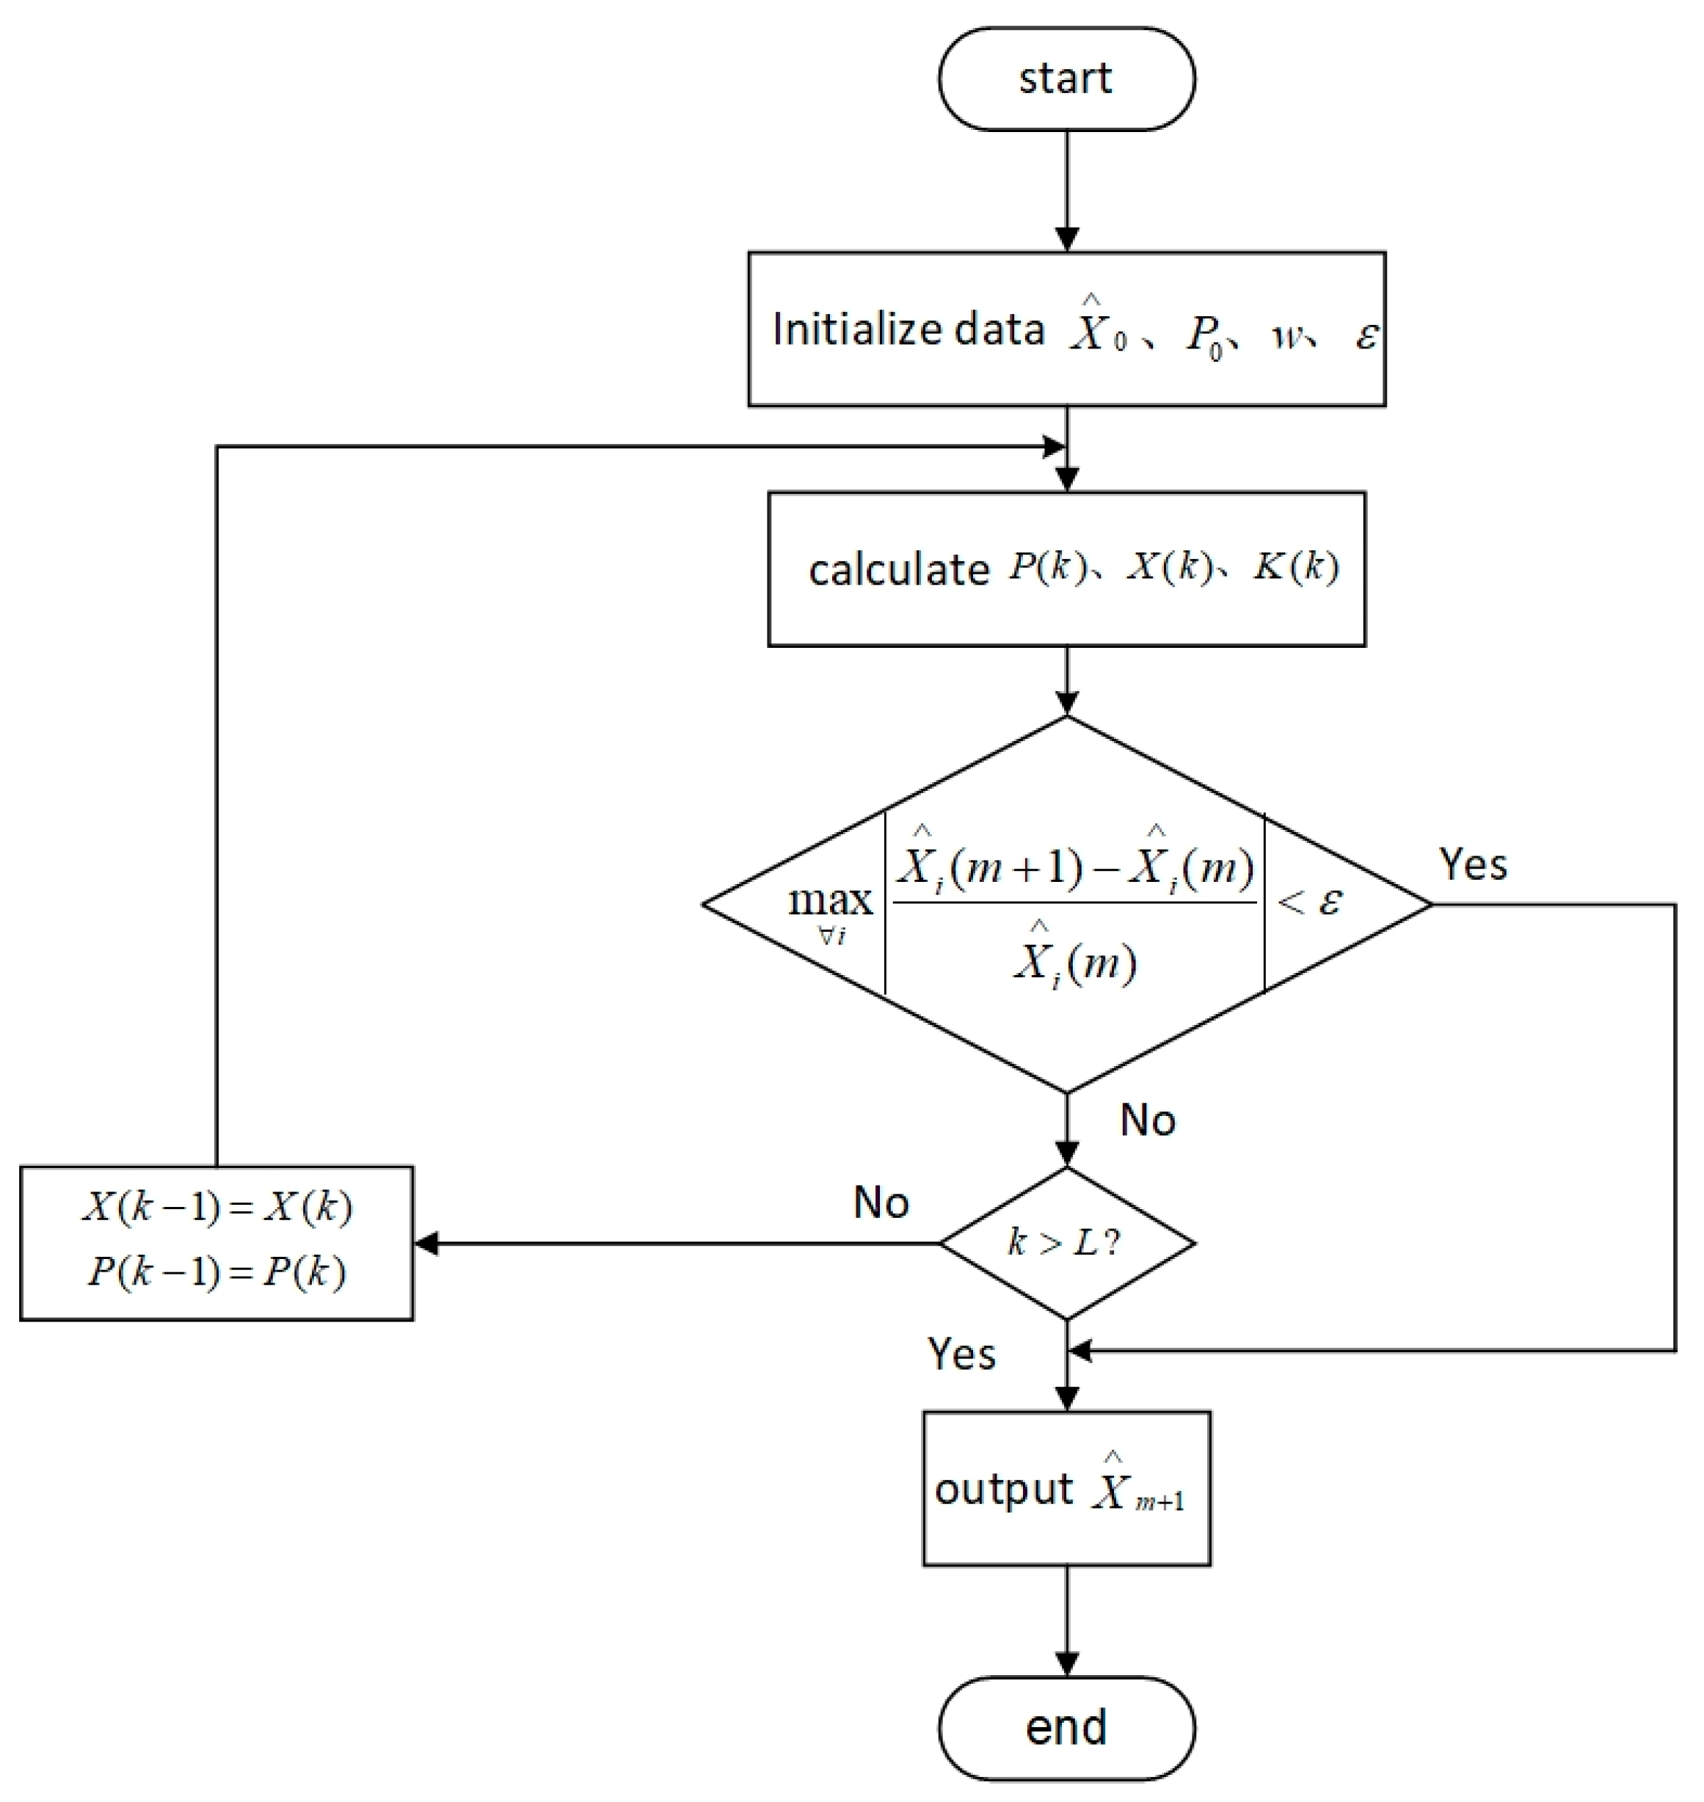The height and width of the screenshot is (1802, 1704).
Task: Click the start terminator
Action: point(1066,78)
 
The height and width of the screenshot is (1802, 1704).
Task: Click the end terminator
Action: point(1066,1727)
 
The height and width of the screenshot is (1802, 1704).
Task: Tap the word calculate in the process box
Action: point(897,570)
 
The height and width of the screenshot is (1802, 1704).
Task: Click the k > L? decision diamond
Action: point(1066,1242)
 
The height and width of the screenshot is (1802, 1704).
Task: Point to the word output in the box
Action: point(1002,1489)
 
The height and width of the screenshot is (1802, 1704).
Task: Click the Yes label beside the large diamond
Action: point(1472,864)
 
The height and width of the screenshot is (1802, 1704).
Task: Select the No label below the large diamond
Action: point(1147,1120)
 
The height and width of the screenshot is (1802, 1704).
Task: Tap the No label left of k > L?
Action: point(880,1203)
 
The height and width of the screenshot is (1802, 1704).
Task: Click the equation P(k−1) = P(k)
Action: point(217,1272)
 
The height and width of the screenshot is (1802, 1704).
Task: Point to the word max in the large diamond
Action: point(829,901)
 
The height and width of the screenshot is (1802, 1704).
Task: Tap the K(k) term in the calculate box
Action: point(1295,568)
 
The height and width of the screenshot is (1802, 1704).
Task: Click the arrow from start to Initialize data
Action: point(1066,191)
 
